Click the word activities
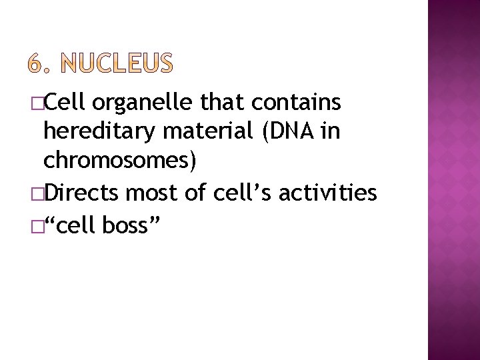coord(327,193)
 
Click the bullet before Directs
coord(36,194)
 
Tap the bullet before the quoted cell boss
coord(36,227)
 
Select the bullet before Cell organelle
coord(36,103)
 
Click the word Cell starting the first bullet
coord(65,102)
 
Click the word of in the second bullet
coord(196,193)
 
